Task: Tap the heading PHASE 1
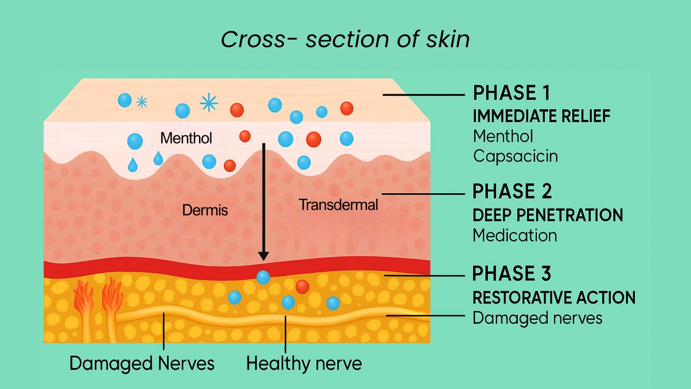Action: (x=511, y=93)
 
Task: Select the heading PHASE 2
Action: (x=512, y=191)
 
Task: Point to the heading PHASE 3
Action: (x=511, y=273)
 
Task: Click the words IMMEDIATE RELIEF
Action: (x=541, y=116)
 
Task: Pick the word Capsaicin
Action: (x=515, y=156)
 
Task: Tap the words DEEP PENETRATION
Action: (x=547, y=215)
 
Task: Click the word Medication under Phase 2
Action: (x=515, y=236)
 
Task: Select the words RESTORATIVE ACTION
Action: (x=554, y=298)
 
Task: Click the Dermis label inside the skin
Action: (x=205, y=210)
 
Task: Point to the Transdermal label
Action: (x=338, y=205)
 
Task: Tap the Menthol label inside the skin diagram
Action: (x=186, y=138)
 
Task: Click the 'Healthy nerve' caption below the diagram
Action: (x=304, y=363)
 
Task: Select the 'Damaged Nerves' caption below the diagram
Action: (x=142, y=363)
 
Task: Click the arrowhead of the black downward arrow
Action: (x=263, y=256)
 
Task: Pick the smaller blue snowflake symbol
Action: (x=142, y=102)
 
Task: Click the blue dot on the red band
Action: (x=263, y=277)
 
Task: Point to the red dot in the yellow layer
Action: (x=302, y=287)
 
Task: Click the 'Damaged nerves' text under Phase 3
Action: (x=537, y=318)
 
